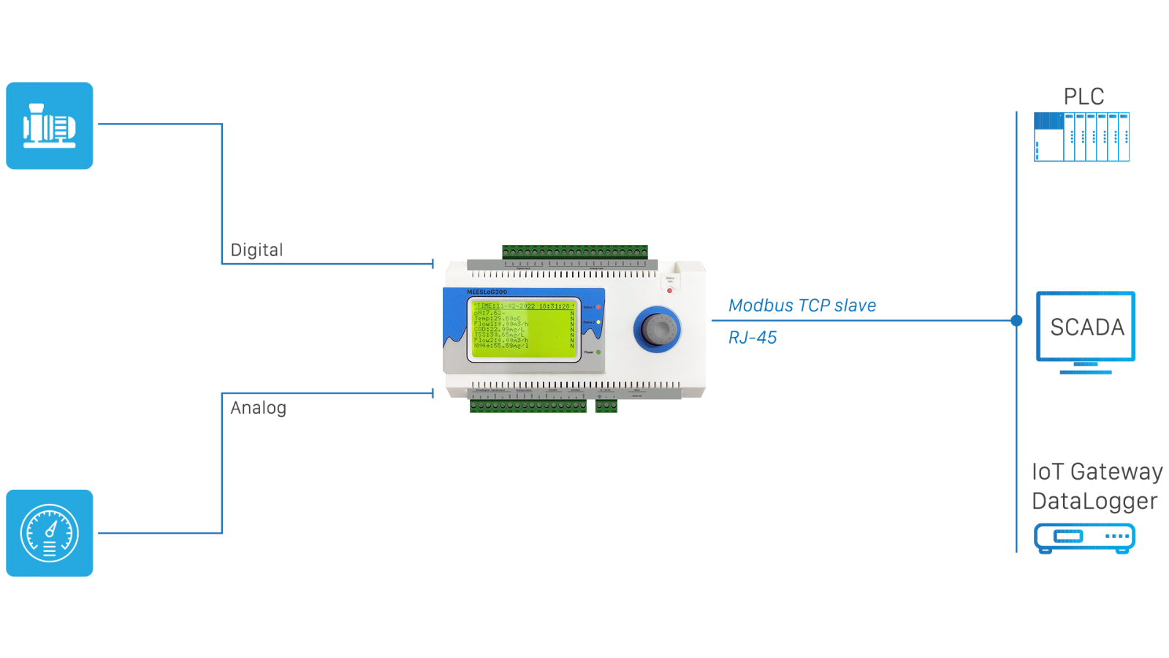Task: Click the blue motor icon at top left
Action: click(50, 126)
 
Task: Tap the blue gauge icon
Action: click(50, 533)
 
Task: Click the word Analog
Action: click(258, 408)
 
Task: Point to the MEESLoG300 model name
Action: click(487, 292)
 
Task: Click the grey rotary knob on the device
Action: click(657, 328)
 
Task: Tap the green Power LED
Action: click(598, 352)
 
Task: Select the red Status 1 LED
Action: click(598, 307)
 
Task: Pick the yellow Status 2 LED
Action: click(598, 322)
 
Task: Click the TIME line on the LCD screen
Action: click(522, 306)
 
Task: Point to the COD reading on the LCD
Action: click(500, 329)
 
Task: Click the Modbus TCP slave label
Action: click(802, 306)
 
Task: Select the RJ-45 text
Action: click(753, 338)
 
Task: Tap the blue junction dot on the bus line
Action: click(1016, 320)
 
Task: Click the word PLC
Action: click(1084, 97)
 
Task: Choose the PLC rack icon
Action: click(1082, 137)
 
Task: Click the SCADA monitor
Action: click(1086, 328)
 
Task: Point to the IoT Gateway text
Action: click(1097, 472)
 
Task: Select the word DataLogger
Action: click(1094, 502)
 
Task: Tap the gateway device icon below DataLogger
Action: click(1085, 537)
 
